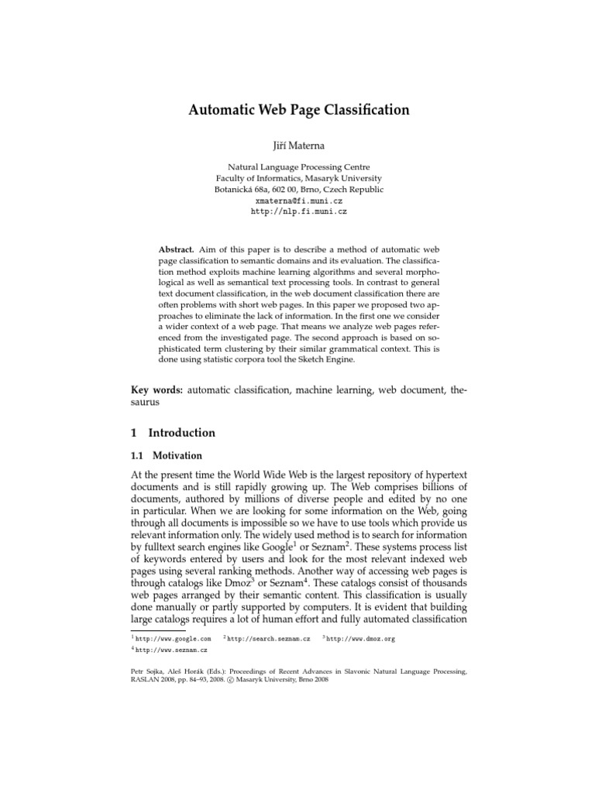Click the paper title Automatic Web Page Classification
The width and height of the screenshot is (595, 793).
coord(298,110)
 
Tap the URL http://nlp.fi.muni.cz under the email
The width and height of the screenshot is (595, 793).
coord(298,210)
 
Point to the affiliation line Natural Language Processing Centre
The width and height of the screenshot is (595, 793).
coord(298,166)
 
